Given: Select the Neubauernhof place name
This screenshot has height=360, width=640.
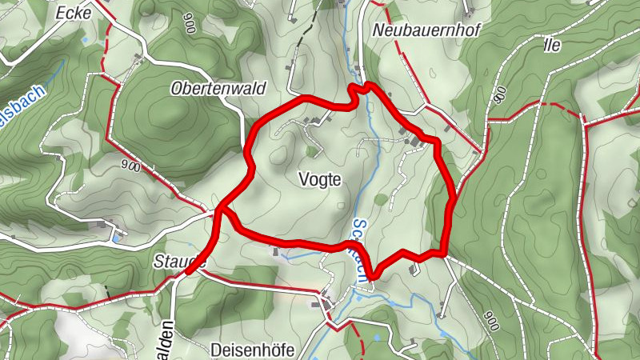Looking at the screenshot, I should (414, 30).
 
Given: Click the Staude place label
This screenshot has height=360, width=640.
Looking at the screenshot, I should (177, 261).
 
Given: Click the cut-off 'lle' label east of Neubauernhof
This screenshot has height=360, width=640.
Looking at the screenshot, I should (551, 45).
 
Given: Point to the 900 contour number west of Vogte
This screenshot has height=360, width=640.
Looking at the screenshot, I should (132, 167).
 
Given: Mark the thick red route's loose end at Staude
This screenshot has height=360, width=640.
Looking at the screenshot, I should (187, 272).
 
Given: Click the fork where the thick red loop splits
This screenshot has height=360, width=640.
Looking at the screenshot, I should (219, 212).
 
